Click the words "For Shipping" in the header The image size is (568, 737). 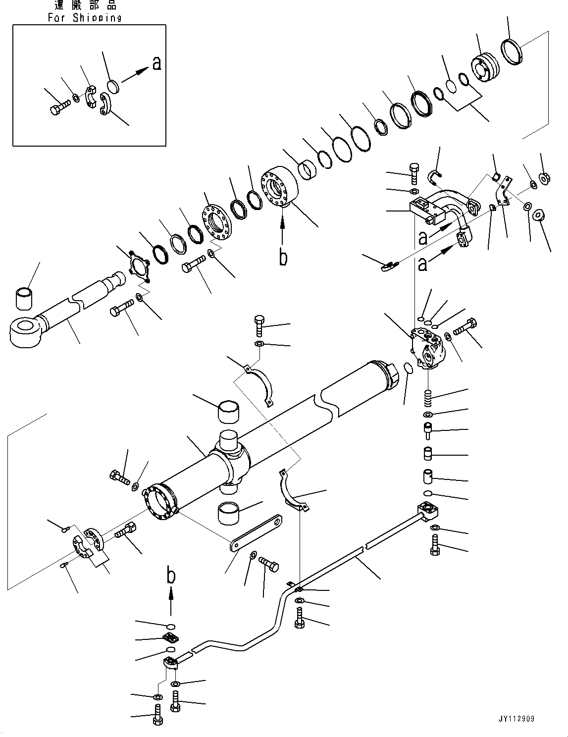pyautogui.click(x=85, y=17)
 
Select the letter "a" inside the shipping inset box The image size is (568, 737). pyautogui.click(x=157, y=63)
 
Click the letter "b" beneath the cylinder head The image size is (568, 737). pyautogui.click(x=283, y=257)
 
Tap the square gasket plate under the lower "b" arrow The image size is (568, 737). pyautogui.click(x=170, y=637)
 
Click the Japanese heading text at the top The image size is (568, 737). pyautogui.click(x=85, y=5)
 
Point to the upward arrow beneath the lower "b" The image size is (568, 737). pyautogui.click(x=171, y=600)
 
